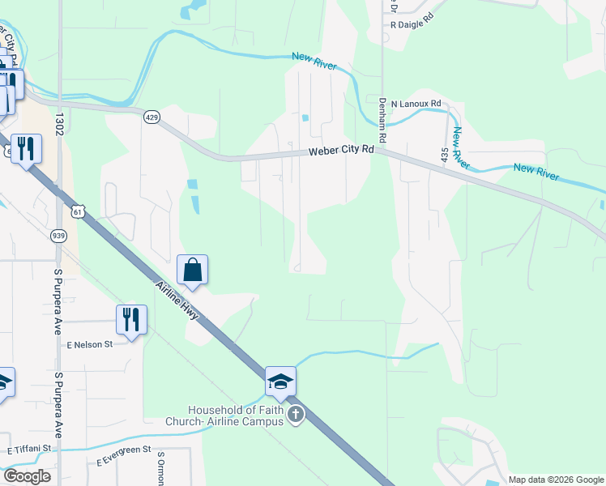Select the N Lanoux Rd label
(x=416, y=104)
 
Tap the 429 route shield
(x=152, y=117)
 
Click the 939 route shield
(x=58, y=235)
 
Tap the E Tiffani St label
(x=29, y=448)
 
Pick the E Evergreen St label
(x=124, y=454)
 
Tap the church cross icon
(x=296, y=416)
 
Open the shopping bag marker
(x=193, y=270)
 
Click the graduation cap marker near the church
(x=280, y=382)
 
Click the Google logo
(x=27, y=476)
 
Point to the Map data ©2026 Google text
(x=555, y=480)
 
